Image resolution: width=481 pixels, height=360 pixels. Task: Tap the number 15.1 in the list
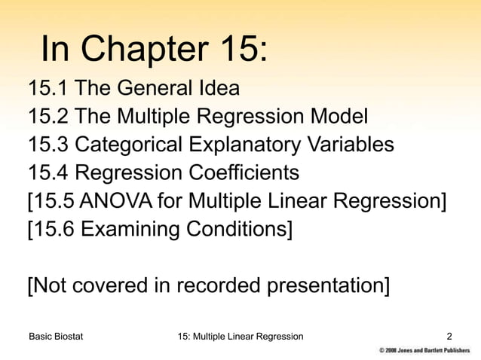(49, 89)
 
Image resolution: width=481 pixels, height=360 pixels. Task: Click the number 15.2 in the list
(49, 117)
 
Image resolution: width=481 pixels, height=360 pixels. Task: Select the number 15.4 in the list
(49, 172)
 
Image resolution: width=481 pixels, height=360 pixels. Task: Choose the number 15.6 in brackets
(54, 229)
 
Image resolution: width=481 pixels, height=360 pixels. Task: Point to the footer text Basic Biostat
(57, 336)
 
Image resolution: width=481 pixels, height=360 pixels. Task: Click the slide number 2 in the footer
(450, 336)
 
